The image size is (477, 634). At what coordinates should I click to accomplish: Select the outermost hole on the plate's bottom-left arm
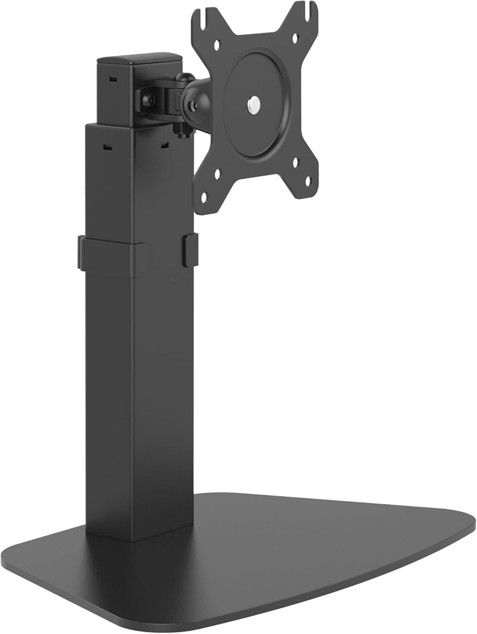coord(205,196)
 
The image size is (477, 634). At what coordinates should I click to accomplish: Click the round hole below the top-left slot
coord(218,43)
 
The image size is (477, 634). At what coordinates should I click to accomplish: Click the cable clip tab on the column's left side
coord(81,253)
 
